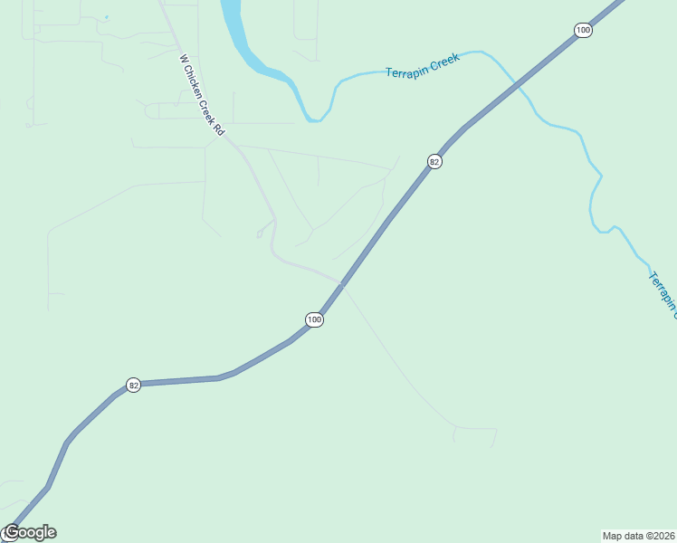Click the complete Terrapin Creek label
[423, 65]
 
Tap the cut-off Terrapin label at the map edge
[663, 292]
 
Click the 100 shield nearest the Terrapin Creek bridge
[583, 31]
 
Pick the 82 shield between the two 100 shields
[435, 162]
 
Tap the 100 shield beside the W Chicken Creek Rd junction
[313, 319]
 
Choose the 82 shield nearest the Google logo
[134, 385]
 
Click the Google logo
[29, 532]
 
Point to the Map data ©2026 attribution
[638, 535]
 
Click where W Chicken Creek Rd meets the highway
[341, 283]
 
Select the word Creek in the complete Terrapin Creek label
[444, 61]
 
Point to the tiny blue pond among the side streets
[106, 17]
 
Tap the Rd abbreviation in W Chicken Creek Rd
[219, 129]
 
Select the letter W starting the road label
[183, 59]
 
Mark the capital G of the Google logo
[11, 532]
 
